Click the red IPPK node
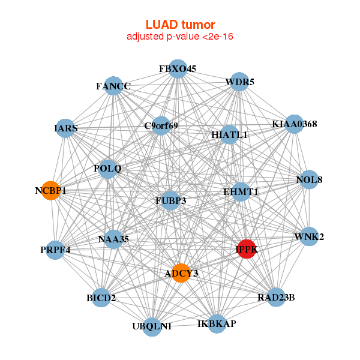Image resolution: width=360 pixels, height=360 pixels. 247,248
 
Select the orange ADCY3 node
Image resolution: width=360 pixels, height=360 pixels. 181,273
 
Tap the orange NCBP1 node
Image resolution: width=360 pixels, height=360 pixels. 51,191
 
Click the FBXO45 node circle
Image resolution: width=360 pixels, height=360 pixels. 178,69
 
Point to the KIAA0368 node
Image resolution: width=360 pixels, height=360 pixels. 295,124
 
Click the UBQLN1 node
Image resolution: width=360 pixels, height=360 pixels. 152,326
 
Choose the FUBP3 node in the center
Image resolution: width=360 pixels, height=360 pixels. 171,200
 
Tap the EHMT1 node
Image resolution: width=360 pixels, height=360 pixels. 241,192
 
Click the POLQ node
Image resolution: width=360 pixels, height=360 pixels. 108,169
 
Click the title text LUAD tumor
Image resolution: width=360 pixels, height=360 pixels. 180,25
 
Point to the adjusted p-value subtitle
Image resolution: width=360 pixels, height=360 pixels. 180,37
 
